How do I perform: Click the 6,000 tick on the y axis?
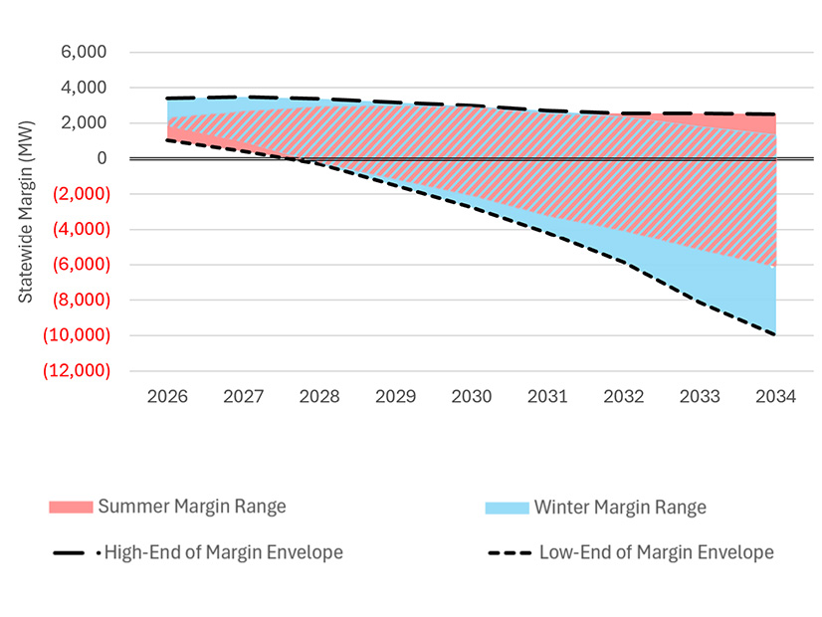[x=87, y=53]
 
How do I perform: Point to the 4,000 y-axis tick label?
[x=87, y=88]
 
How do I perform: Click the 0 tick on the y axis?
[x=100, y=158]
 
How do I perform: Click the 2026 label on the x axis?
[x=167, y=396]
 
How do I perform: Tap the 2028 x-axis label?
[x=319, y=396]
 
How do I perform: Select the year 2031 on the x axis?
[x=547, y=396]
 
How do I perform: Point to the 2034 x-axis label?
[x=775, y=396]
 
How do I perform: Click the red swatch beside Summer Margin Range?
[x=70, y=508]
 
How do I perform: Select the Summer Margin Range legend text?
[x=192, y=507]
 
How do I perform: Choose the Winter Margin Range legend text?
[x=620, y=508]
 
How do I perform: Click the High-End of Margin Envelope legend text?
[x=223, y=552]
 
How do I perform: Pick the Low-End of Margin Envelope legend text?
[x=656, y=552]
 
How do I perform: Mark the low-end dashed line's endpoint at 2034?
[x=775, y=334]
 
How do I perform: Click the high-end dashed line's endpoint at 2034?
[x=775, y=114]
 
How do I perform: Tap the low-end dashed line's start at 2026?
[x=167, y=140]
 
